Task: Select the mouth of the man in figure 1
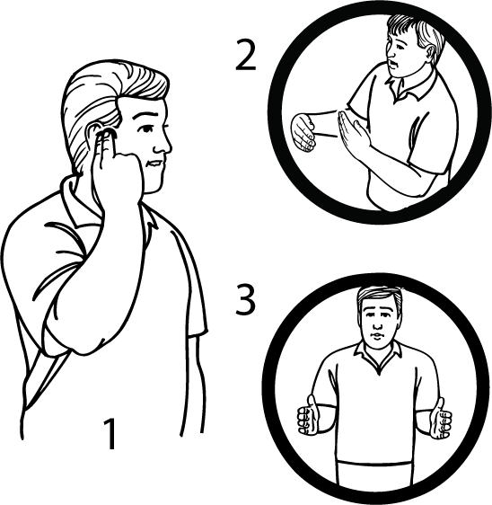tap(154, 165)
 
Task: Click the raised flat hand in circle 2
tap(354, 135)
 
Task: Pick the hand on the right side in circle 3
tap(440, 419)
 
